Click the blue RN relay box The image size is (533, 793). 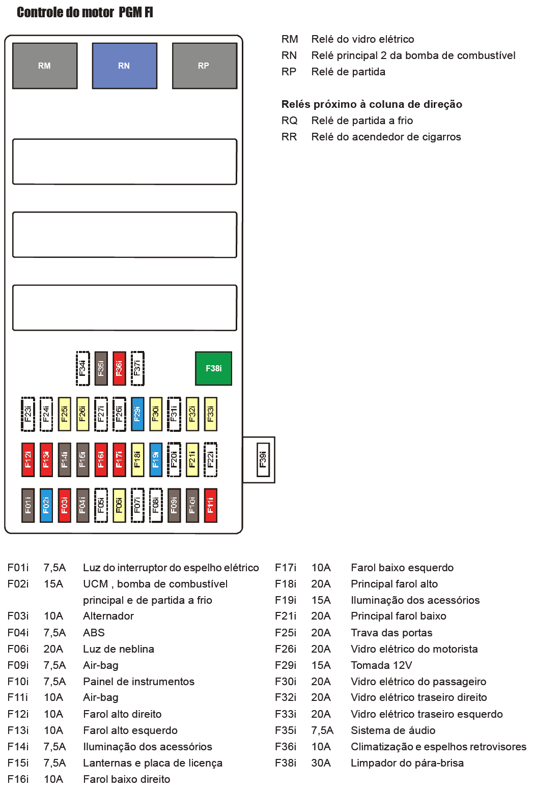click(x=124, y=66)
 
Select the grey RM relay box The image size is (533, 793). click(x=45, y=66)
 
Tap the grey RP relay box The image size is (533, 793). click(x=204, y=66)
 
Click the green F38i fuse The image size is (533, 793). click(x=213, y=368)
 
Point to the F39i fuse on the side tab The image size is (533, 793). click(x=263, y=459)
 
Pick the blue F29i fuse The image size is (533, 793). click(x=137, y=414)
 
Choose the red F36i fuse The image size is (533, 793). click(x=119, y=368)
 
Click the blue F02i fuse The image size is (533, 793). click(x=46, y=505)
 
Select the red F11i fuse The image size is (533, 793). click(x=210, y=505)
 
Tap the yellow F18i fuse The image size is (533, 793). click(x=137, y=459)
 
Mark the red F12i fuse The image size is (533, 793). click(x=28, y=459)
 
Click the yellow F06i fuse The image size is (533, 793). click(x=119, y=505)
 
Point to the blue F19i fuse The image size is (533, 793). click(x=156, y=459)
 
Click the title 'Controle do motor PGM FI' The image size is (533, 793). click(x=85, y=12)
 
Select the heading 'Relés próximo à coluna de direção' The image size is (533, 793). click(x=372, y=104)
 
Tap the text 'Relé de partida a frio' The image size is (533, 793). click(x=362, y=121)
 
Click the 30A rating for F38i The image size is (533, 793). click(x=321, y=763)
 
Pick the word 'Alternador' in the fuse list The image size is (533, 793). click(x=108, y=616)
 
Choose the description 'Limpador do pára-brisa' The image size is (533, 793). click(x=407, y=763)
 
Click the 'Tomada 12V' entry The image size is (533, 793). click(x=381, y=665)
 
